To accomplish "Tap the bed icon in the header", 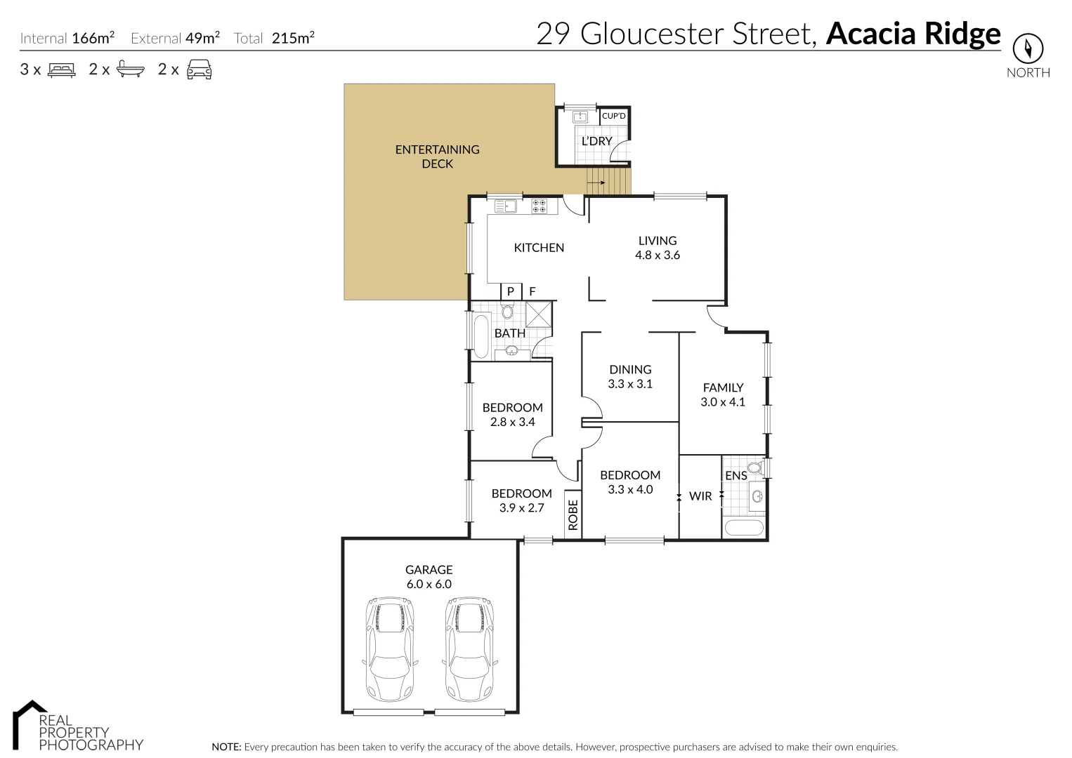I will pos(61,69).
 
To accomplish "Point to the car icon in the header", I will pos(200,69).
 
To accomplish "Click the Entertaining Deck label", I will pos(437,157).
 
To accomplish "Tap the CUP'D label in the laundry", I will pos(613,116).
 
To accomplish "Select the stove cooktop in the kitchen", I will pos(540,206).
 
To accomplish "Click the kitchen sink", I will pos(505,206).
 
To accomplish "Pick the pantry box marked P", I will pos(511,291).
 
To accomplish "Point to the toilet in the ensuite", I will pos(754,467).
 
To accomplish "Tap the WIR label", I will pos(700,496).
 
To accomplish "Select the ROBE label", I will pos(573,514).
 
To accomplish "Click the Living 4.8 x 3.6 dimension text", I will pos(658,255).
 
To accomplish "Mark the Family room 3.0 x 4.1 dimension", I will pos(723,402).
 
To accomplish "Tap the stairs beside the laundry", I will pos(608,182).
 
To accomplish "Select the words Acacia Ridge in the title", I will pos(913,34).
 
